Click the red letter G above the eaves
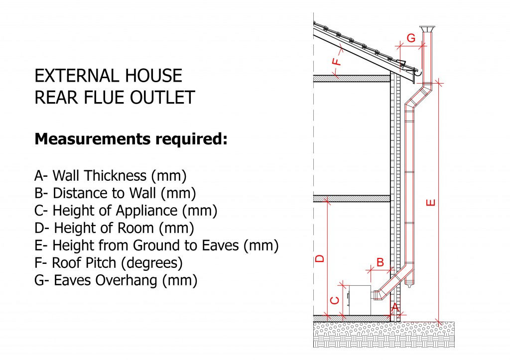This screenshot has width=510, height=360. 411,38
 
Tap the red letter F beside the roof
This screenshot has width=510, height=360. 337,61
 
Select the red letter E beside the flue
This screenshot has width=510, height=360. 431,203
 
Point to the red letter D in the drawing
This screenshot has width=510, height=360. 320,258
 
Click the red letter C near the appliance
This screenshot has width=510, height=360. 335,300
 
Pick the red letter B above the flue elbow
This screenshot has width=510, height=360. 380,262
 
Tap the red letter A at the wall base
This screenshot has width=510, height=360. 394,307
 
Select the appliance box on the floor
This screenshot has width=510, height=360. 360,300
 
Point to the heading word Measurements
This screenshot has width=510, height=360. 93,139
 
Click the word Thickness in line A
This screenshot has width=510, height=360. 116,176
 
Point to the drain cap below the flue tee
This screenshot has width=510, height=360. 409,285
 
